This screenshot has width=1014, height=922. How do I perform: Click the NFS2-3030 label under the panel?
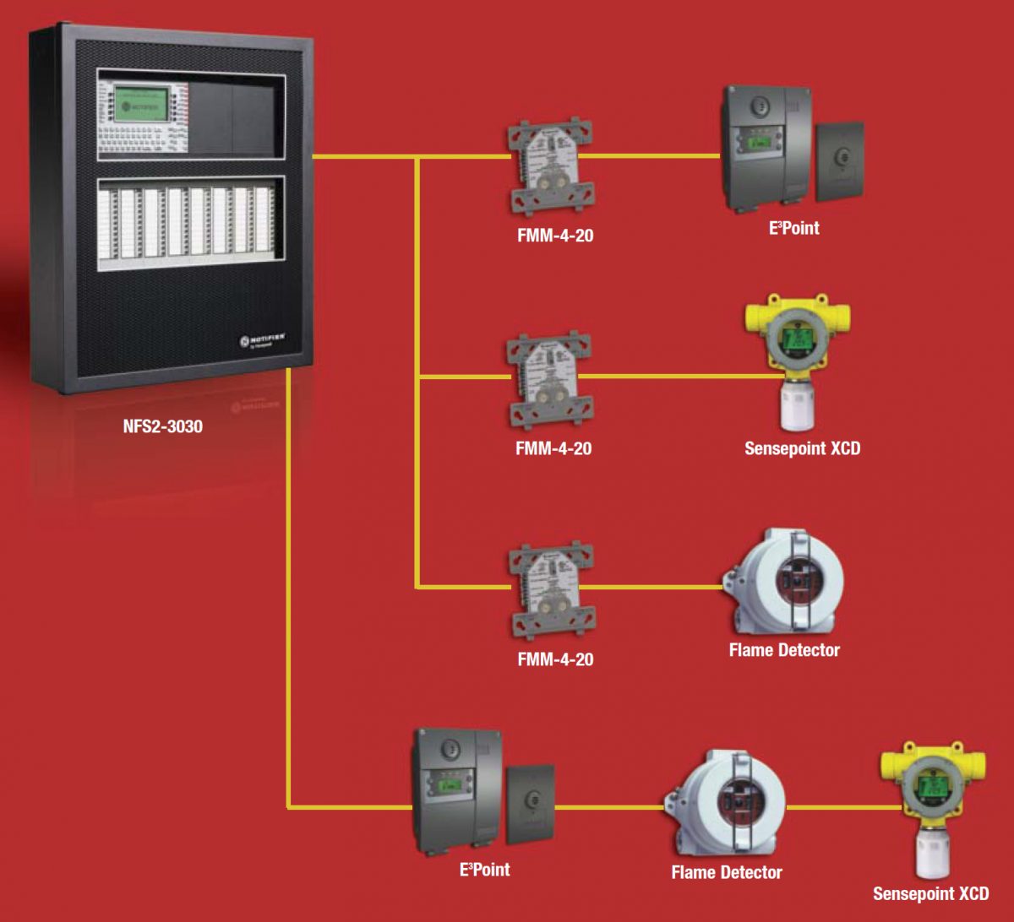pyautogui.click(x=163, y=426)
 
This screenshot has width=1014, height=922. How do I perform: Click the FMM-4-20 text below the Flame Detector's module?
pyautogui.click(x=555, y=659)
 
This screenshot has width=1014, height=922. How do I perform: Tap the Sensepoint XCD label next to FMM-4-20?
pyautogui.click(x=802, y=448)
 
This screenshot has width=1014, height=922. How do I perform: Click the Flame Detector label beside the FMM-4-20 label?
pyautogui.click(x=784, y=650)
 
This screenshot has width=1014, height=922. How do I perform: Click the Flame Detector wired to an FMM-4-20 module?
pyautogui.click(x=783, y=583)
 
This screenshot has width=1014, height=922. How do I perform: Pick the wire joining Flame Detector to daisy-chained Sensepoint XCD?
pyautogui.click(x=832, y=808)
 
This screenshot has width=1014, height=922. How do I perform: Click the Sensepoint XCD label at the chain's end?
pyautogui.click(x=930, y=893)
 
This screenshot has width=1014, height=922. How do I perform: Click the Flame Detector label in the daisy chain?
pyautogui.click(x=727, y=872)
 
